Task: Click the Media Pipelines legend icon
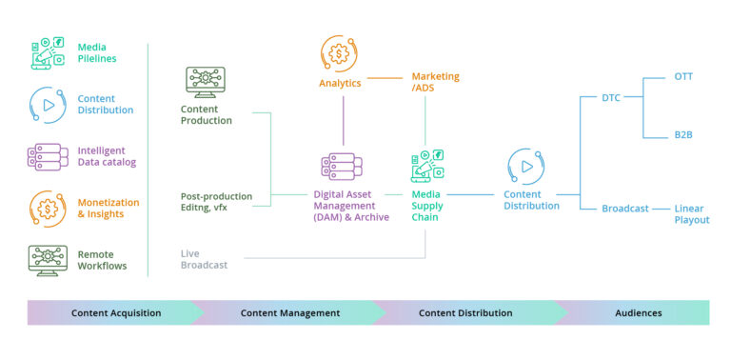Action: [47, 53]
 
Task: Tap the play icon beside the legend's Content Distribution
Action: [47, 104]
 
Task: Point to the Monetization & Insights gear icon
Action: [47, 208]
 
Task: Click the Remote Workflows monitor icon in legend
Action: [47, 259]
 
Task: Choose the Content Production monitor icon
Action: [205, 83]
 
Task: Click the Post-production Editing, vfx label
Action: [216, 202]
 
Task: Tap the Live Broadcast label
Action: [204, 259]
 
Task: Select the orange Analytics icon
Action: [339, 53]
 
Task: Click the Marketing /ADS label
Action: [435, 82]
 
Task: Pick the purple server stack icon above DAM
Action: [340, 168]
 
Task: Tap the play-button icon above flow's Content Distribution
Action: [525, 166]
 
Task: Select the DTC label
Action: [612, 97]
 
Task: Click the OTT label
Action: [683, 76]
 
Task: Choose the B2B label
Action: [683, 135]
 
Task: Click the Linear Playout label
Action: [691, 214]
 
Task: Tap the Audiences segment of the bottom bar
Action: [639, 312]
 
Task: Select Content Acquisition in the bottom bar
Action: [116, 312]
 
